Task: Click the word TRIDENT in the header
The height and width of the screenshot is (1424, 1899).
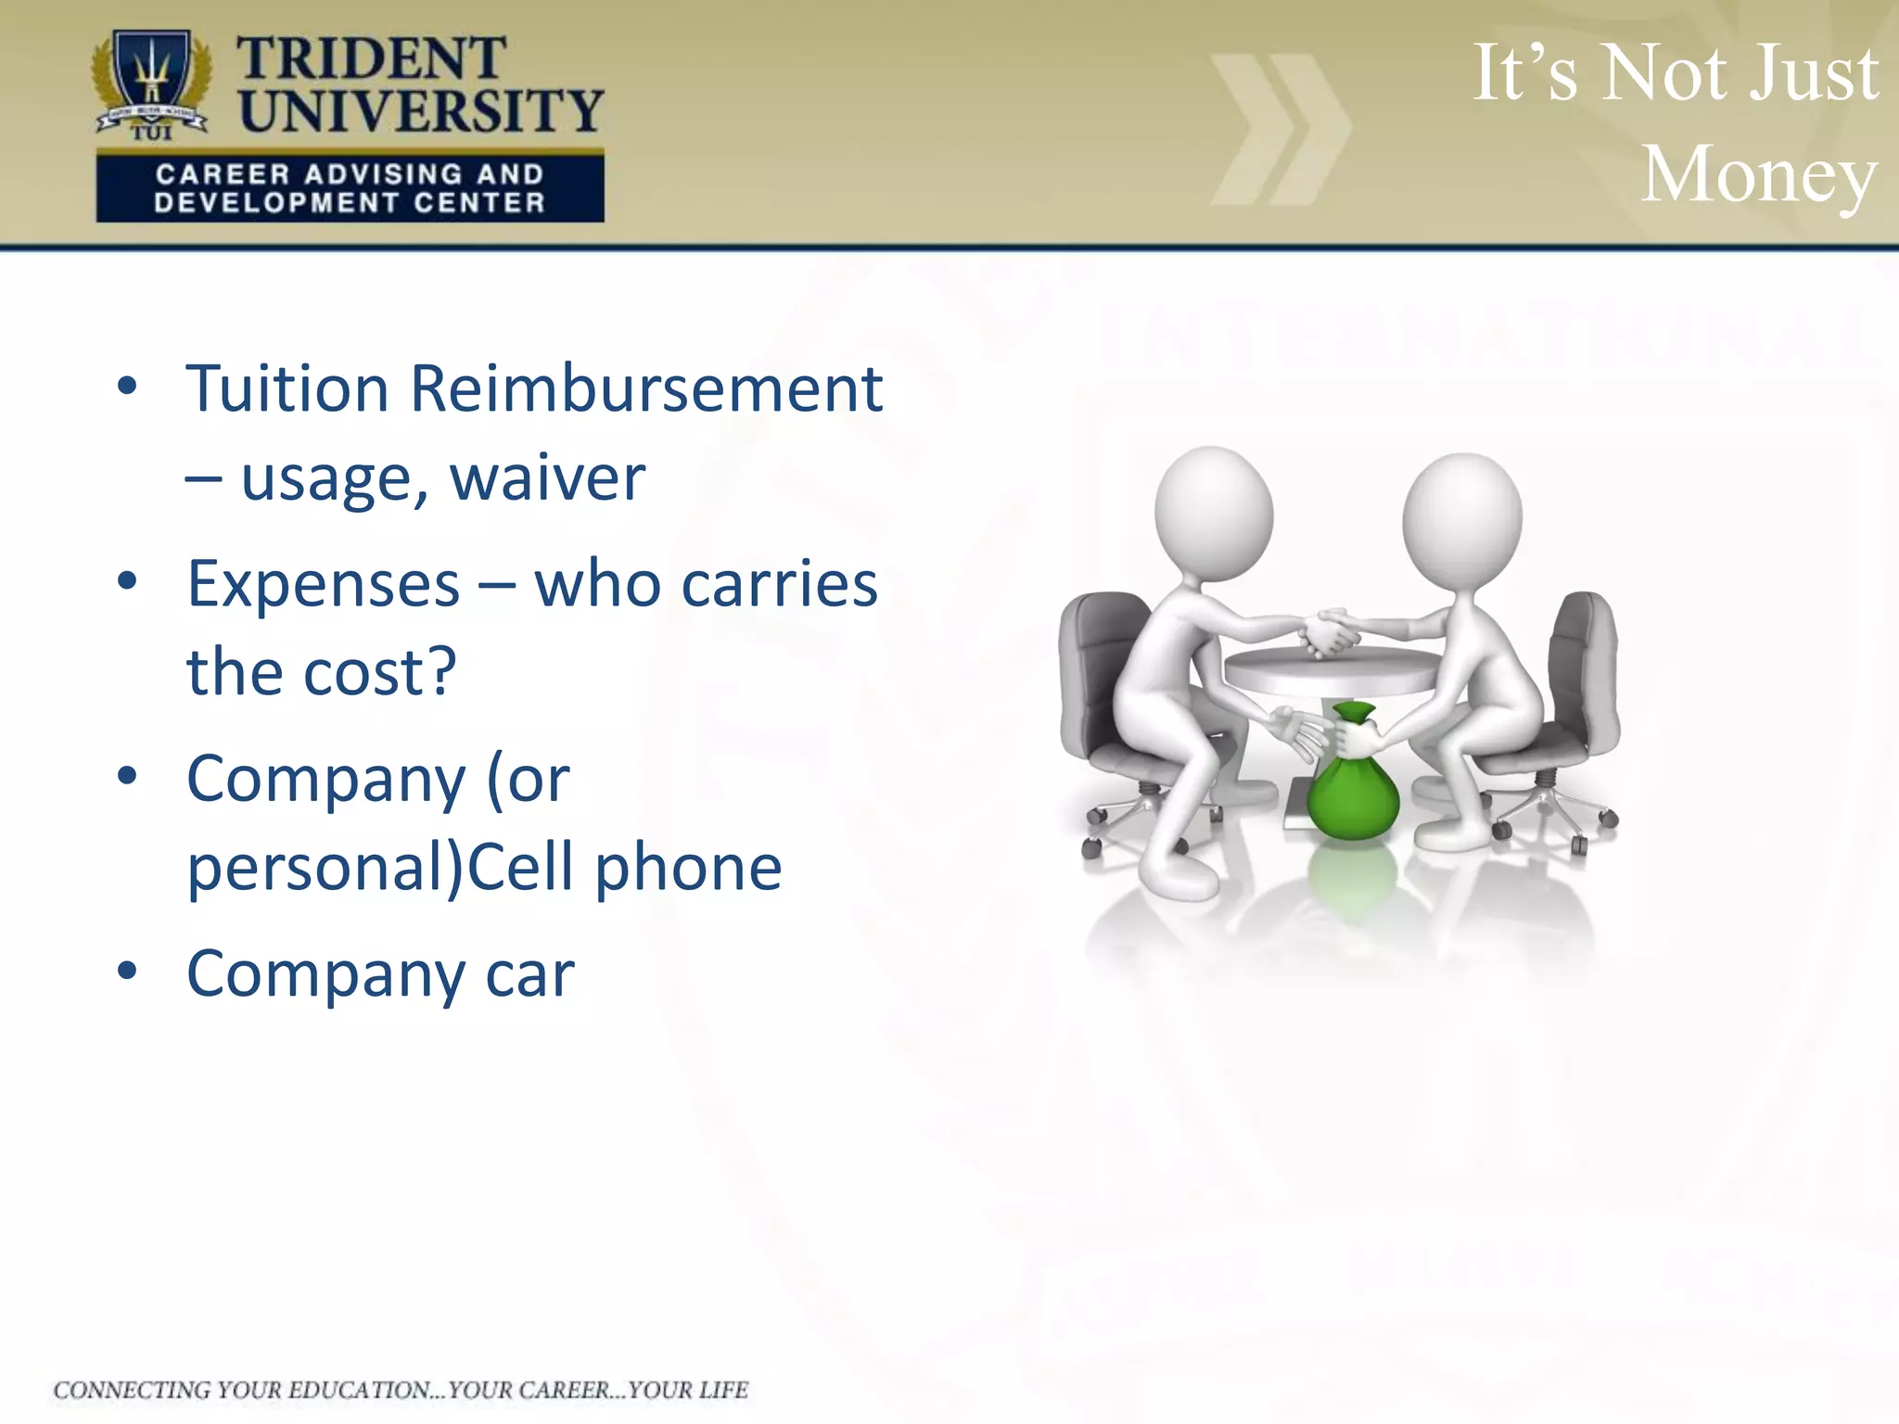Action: (x=371, y=59)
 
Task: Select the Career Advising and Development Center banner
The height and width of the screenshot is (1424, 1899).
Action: (x=350, y=188)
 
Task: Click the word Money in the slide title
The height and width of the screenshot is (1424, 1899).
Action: (x=1758, y=174)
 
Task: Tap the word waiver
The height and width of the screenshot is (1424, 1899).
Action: (x=547, y=478)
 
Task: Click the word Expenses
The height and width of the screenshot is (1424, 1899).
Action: (x=324, y=584)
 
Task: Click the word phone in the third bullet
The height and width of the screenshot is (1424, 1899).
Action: (x=688, y=868)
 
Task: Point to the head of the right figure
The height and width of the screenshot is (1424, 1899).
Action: (x=1461, y=515)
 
